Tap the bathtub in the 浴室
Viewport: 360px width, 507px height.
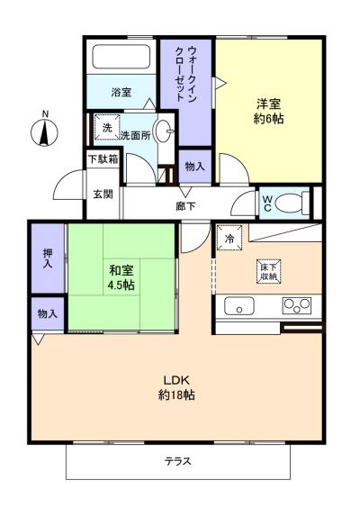(x=121, y=57)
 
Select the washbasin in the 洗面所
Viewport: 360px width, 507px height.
(x=163, y=131)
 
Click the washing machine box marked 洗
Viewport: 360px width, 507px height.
(x=106, y=127)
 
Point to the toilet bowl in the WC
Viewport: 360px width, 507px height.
(x=292, y=203)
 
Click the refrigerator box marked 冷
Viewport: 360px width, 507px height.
(x=229, y=238)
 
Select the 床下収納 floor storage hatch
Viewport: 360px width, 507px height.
(x=269, y=272)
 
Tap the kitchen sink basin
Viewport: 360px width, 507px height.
(x=239, y=306)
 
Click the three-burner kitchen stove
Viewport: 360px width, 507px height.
(x=297, y=305)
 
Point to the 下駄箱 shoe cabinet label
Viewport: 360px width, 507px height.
(x=103, y=159)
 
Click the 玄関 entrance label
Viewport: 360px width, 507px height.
(x=103, y=195)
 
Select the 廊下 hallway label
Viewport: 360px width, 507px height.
(x=185, y=206)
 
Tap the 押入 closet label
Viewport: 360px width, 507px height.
(x=48, y=258)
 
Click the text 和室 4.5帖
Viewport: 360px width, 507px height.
(x=121, y=277)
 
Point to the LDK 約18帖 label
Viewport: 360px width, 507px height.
(x=176, y=387)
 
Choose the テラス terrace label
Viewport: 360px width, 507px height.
(x=178, y=461)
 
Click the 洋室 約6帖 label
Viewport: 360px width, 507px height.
(x=268, y=112)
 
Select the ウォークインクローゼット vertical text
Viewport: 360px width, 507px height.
(x=186, y=74)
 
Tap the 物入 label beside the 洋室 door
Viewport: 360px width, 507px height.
(x=195, y=167)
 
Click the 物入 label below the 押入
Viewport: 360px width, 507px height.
(x=48, y=313)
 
